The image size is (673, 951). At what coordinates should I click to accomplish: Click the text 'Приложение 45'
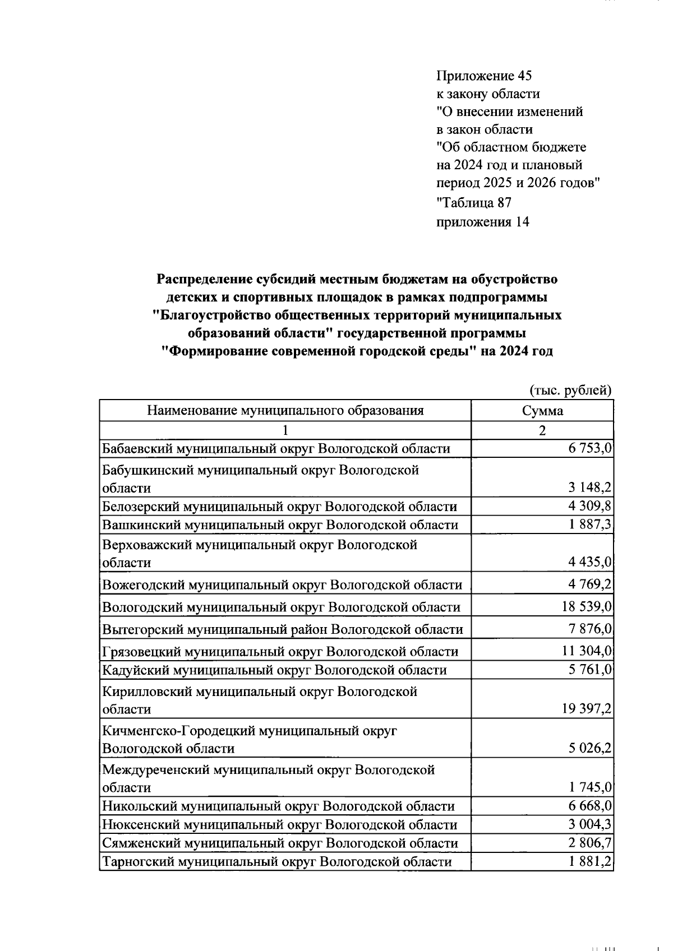tap(483, 76)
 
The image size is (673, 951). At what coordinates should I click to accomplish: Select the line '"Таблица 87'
tap(473, 202)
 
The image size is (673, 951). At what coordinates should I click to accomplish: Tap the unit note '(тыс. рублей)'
tap(570, 390)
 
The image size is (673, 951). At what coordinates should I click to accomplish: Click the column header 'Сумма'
tap(542, 411)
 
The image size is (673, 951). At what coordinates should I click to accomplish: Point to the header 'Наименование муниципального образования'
tap(285, 411)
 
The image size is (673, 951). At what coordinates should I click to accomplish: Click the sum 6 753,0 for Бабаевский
tap(589, 448)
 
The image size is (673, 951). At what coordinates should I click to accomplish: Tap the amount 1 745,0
tap(589, 788)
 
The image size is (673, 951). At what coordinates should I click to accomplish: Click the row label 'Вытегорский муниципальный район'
tap(282, 629)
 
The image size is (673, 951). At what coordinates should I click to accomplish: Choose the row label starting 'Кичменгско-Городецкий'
tap(249, 731)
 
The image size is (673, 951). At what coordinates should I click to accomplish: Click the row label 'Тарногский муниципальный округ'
tap(276, 862)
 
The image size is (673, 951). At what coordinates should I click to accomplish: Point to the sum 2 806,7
tap(589, 843)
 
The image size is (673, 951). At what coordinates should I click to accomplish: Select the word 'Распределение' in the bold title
tap(204, 279)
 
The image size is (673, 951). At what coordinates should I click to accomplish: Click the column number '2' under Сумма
tap(542, 430)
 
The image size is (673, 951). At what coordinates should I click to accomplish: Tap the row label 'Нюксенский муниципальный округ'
tap(279, 825)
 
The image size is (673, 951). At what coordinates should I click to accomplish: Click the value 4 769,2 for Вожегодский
tap(589, 585)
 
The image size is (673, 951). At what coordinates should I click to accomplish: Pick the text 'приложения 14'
tap(482, 222)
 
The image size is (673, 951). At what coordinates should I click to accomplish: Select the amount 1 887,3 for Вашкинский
tap(589, 525)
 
